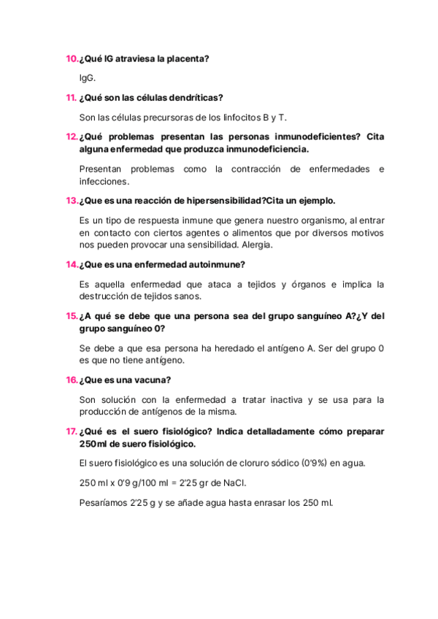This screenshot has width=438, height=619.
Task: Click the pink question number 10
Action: click(x=72, y=58)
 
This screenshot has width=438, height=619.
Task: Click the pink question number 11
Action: click(x=72, y=97)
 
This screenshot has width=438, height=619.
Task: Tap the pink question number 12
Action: click(x=72, y=137)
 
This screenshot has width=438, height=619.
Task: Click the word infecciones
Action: click(x=104, y=181)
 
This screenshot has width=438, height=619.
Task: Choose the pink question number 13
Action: click(x=72, y=200)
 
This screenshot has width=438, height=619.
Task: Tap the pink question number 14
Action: click(x=72, y=264)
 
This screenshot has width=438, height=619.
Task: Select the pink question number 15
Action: click(x=72, y=315)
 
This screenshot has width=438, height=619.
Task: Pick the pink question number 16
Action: click(x=72, y=380)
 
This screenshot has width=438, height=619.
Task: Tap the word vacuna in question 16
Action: click(x=154, y=380)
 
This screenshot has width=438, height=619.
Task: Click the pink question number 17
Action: click(x=72, y=431)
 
